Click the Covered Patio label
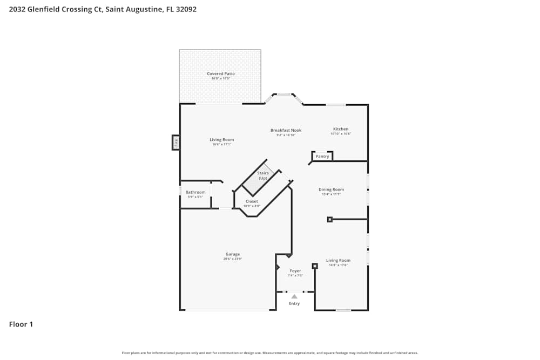coord(221,74)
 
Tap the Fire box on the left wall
coord(175,142)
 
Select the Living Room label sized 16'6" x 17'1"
coord(222,140)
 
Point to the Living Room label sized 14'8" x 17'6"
coord(338,261)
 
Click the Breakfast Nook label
coord(286,130)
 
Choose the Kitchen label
coord(341,129)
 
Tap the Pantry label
coord(322,157)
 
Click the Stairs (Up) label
coord(263,175)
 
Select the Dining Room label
coord(331,189)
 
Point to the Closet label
coord(252,201)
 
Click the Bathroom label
coord(195,192)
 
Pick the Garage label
coord(233,254)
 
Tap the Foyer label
coord(295,271)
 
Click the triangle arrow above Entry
coord(294,296)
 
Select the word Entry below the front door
coord(294,303)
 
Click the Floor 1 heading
coord(21,324)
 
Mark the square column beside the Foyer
coord(315,266)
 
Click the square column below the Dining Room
coord(329,219)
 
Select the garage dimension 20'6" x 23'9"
coord(233,259)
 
